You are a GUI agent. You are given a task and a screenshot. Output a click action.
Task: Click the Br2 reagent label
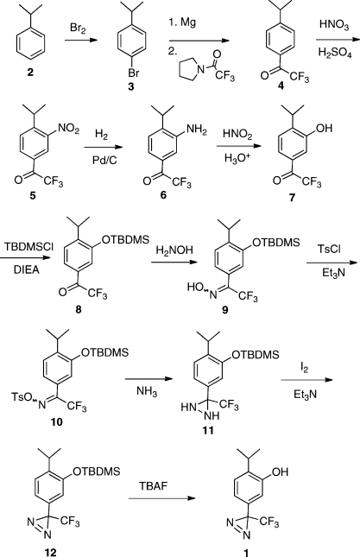[x=78, y=28]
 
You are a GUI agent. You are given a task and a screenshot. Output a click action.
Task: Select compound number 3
[x=131, y=86]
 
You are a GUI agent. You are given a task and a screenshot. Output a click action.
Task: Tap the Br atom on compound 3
[x=134, y=73]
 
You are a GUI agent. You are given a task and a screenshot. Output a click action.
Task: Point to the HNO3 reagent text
[x=334, y=25]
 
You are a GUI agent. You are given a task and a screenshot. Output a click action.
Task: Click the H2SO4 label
[x=335, y=54]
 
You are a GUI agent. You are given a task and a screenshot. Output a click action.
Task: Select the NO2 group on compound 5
[x=68, y=129]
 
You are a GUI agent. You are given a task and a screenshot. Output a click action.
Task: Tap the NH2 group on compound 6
[x=196, y=130]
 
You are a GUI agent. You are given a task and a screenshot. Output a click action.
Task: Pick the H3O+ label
[x=237, y=158]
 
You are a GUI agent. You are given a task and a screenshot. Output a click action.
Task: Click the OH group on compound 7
[x=324, y=128]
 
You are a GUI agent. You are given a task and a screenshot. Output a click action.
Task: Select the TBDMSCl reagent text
[x=29, y=246]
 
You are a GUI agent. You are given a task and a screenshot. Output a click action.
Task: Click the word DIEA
[x=27, y=270]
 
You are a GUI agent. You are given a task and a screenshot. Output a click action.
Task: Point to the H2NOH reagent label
[x=174, y=250]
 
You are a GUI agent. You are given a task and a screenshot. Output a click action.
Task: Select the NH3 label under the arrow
[x=147, y=391]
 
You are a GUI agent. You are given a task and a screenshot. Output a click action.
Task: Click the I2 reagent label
[x=305, y=369]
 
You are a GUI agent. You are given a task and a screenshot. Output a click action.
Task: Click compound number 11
[x=208, y=431]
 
